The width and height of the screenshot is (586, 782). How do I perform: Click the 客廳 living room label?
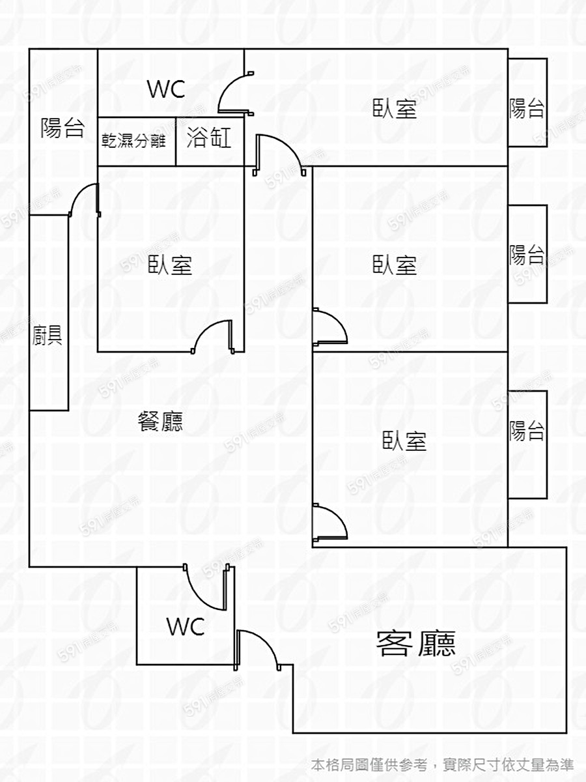pos(416,643)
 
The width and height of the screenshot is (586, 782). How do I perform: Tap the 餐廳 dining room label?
pos(160,422)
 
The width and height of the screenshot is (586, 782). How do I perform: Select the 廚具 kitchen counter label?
pos(48,336)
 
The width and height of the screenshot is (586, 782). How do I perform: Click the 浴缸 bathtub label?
pos(209,138)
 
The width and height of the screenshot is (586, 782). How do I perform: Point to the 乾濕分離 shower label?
pos(134,141)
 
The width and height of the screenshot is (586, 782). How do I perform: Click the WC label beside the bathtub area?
pos(166,89)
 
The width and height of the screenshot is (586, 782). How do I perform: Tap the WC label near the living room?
pos(186,627)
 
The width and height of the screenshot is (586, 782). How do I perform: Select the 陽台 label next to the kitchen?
pos(63,128)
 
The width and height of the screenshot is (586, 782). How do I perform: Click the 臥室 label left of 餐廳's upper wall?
pos(171,265)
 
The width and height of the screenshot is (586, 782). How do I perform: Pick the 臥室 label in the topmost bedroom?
pos(395,108)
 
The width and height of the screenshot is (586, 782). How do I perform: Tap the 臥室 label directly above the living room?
pos(404,441)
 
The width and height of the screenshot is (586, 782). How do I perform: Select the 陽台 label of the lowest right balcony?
pos(527,431)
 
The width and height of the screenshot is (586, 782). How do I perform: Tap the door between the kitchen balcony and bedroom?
pos(83,199)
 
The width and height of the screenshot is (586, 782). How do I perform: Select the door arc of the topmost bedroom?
pos(280,153)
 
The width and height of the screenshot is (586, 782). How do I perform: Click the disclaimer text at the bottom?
pos(442,764)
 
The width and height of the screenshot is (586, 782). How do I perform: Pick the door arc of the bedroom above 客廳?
pos(331,521)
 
